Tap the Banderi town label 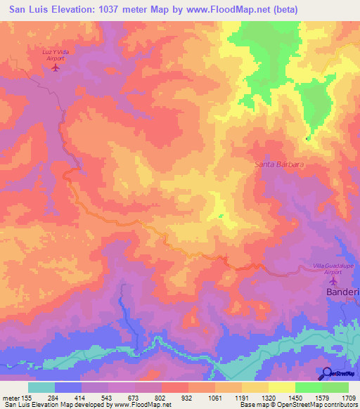(x=344, y=292)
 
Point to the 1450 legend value (x=295, y=398)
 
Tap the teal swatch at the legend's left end (x=41, y=387)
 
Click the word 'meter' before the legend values (x=11, y=398)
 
